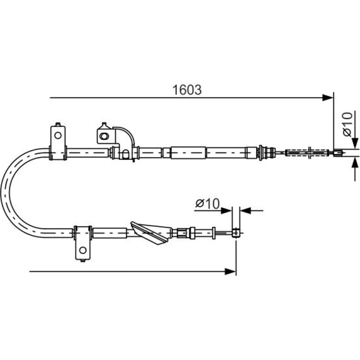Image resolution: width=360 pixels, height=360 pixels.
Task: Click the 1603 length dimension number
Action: coord(187,90)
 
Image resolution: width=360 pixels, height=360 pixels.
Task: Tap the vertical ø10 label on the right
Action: coord(347,124)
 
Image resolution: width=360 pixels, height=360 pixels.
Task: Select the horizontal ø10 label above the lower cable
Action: coord(208,203)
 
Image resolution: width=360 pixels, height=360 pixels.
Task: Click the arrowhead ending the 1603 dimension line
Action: coord(328,98)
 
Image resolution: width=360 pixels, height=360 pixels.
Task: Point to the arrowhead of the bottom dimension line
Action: coord(230,272)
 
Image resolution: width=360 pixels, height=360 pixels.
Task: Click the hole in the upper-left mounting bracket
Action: coord(58,135)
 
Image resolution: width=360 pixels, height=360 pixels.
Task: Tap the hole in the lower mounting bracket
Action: coord(83,250)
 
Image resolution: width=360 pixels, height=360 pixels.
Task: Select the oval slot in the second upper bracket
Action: coord(104,136)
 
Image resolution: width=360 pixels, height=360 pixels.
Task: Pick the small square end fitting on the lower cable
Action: coord(236,232)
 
